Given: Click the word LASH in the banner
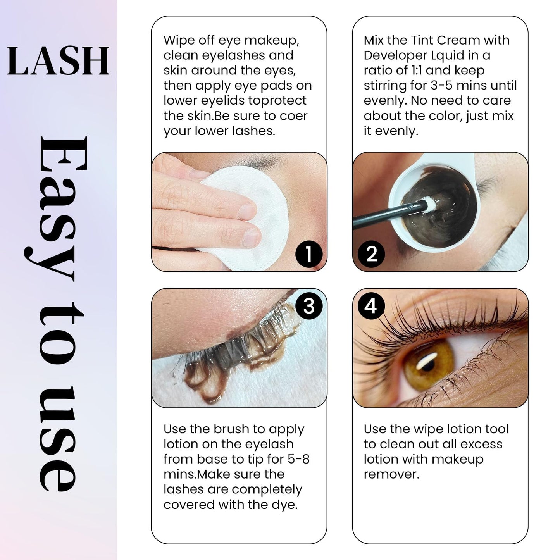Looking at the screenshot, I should (58, 61).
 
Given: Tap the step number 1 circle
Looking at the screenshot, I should (309, 254).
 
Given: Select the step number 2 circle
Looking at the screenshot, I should (371, 254).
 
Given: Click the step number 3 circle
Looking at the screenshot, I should (309, 306).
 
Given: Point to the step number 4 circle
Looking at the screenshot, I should (371, 306).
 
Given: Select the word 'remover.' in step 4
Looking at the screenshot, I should (391, 474).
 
